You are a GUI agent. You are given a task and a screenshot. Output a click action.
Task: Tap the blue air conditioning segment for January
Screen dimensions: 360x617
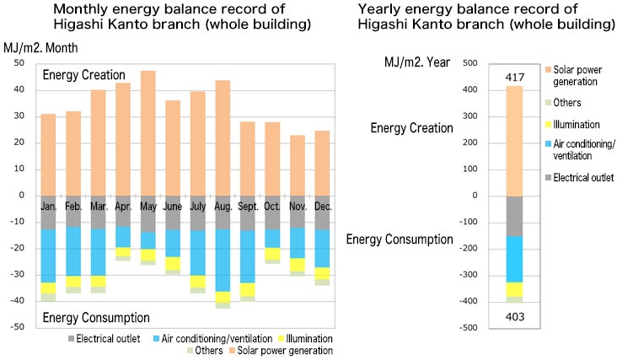point(48,255)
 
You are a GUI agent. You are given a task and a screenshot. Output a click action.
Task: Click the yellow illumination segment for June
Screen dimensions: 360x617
point(173,263)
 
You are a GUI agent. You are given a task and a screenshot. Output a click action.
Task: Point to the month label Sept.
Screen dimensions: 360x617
point(248,205)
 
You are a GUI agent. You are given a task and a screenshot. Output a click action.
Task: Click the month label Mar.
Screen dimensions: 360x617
point(98,205)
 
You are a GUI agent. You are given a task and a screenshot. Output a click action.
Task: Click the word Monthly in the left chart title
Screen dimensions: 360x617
point(88,9)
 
